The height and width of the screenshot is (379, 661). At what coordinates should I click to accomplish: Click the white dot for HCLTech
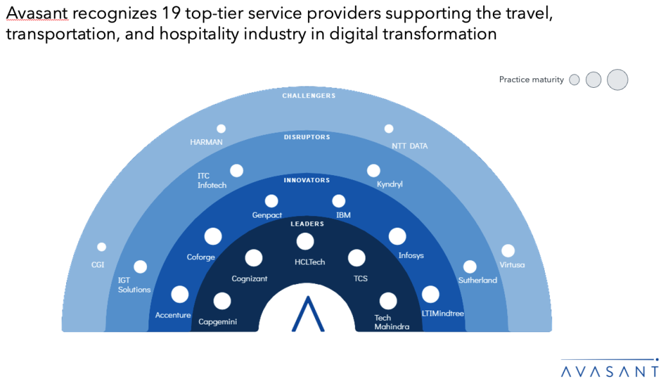(x=305, y=242)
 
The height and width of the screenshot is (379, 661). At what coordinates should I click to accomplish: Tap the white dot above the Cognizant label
(x=253, y=258)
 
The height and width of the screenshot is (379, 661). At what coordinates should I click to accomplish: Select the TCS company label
(x=361, y=278)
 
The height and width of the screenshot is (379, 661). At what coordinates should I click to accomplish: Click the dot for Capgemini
(x=222, y=301)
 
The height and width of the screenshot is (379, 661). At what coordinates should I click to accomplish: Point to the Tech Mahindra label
(x=391, y=322)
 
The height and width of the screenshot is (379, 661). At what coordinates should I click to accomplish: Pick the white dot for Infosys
(x=397, y=237)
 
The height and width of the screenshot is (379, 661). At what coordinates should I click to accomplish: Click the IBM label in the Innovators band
(x=343, y=215)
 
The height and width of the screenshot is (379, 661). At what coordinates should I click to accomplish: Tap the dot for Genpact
(x=271, y=201)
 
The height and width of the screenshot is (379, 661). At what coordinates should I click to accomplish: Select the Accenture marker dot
(x=180, y=294)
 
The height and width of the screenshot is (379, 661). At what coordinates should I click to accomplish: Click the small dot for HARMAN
(x=221, y=129)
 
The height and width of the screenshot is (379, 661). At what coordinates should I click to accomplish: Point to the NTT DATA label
(x=409, y=146)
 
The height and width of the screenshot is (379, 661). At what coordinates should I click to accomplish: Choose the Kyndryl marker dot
(x=373, y=171)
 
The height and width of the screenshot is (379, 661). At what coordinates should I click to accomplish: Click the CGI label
(x=98, y=264)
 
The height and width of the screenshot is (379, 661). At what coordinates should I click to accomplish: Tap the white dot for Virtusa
(x=508, y=251)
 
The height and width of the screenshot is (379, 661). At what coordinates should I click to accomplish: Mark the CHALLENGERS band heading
(x=309, y=96)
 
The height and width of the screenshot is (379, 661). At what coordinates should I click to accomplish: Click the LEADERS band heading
(x=307, y=224)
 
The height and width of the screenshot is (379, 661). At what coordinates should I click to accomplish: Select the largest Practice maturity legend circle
(x=617, y=80)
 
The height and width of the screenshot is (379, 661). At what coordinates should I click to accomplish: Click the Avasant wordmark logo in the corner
(x=610, y=368)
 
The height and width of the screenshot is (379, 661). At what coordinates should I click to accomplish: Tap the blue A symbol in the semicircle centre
(x=308, y=314)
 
